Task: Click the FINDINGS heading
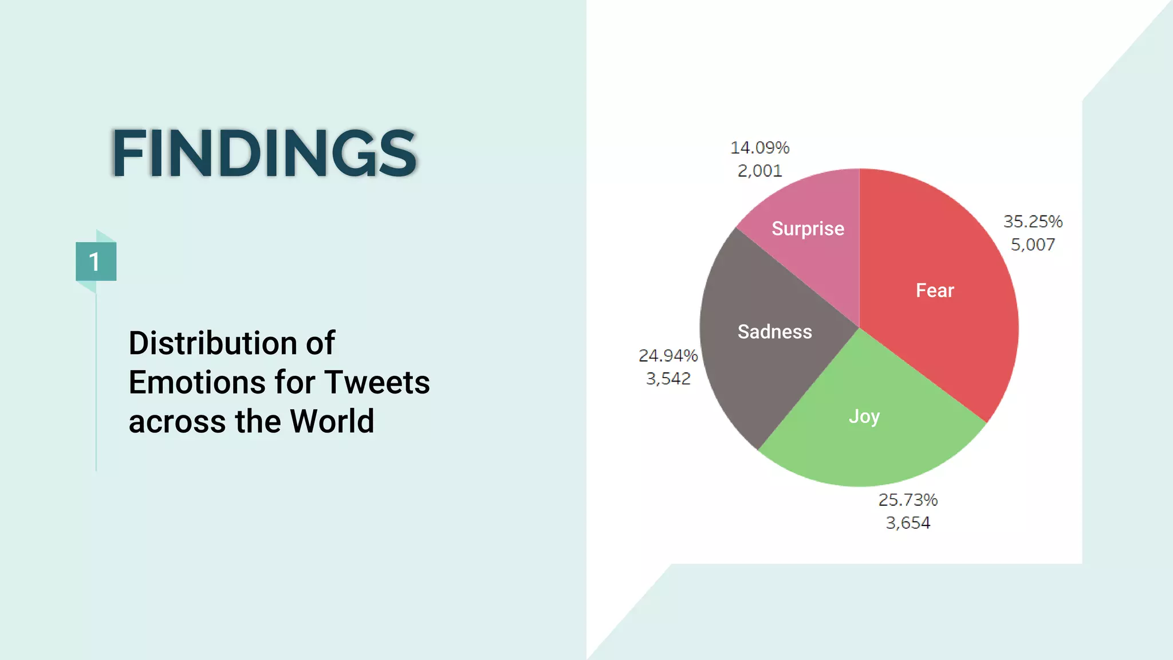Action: (264, 153)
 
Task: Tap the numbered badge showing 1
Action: (96, 262)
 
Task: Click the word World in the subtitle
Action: (332, 421)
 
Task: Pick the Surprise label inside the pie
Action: (808, 229)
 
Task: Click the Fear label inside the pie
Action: (935, 290)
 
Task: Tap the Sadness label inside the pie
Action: (774, 332)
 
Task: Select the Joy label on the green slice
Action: (864, 417)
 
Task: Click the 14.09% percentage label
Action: (759, 148)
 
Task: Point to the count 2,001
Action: (759, 171)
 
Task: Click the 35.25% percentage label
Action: (1033, 221)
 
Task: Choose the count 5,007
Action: (1033, 245)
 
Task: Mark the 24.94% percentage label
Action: (668, 356)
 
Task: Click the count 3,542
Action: (668, 379)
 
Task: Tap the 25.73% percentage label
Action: (908, 500)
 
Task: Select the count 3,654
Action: (908, 523)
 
